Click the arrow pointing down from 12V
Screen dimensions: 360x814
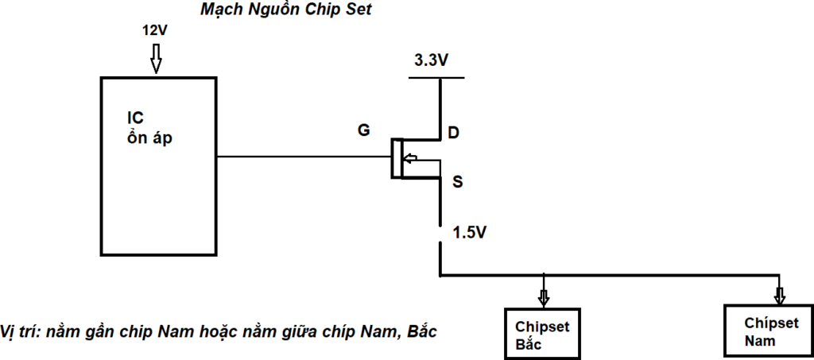coord(156,59)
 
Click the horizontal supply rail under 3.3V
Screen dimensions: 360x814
coord(436,78)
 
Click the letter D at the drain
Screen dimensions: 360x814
coord(452,133)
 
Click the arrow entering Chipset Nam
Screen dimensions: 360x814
coord(780,294)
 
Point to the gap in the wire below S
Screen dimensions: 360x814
coord(440,236)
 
